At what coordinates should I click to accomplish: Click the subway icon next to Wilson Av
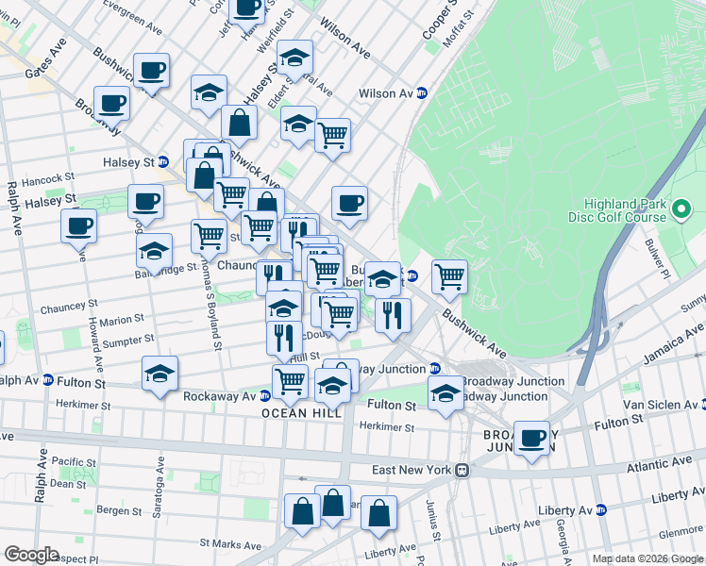[423, 93]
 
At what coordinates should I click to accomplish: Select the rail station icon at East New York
[462, 470]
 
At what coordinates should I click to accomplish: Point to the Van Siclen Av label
[665, 404]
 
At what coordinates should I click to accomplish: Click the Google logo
[31, 555]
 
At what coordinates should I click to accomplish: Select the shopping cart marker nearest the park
[449, 276]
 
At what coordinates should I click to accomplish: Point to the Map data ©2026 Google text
[647, 558]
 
